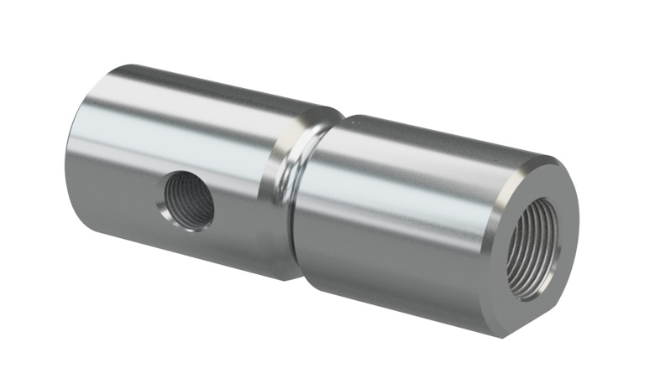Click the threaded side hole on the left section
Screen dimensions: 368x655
pyautogui.click(x=189, y=199)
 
